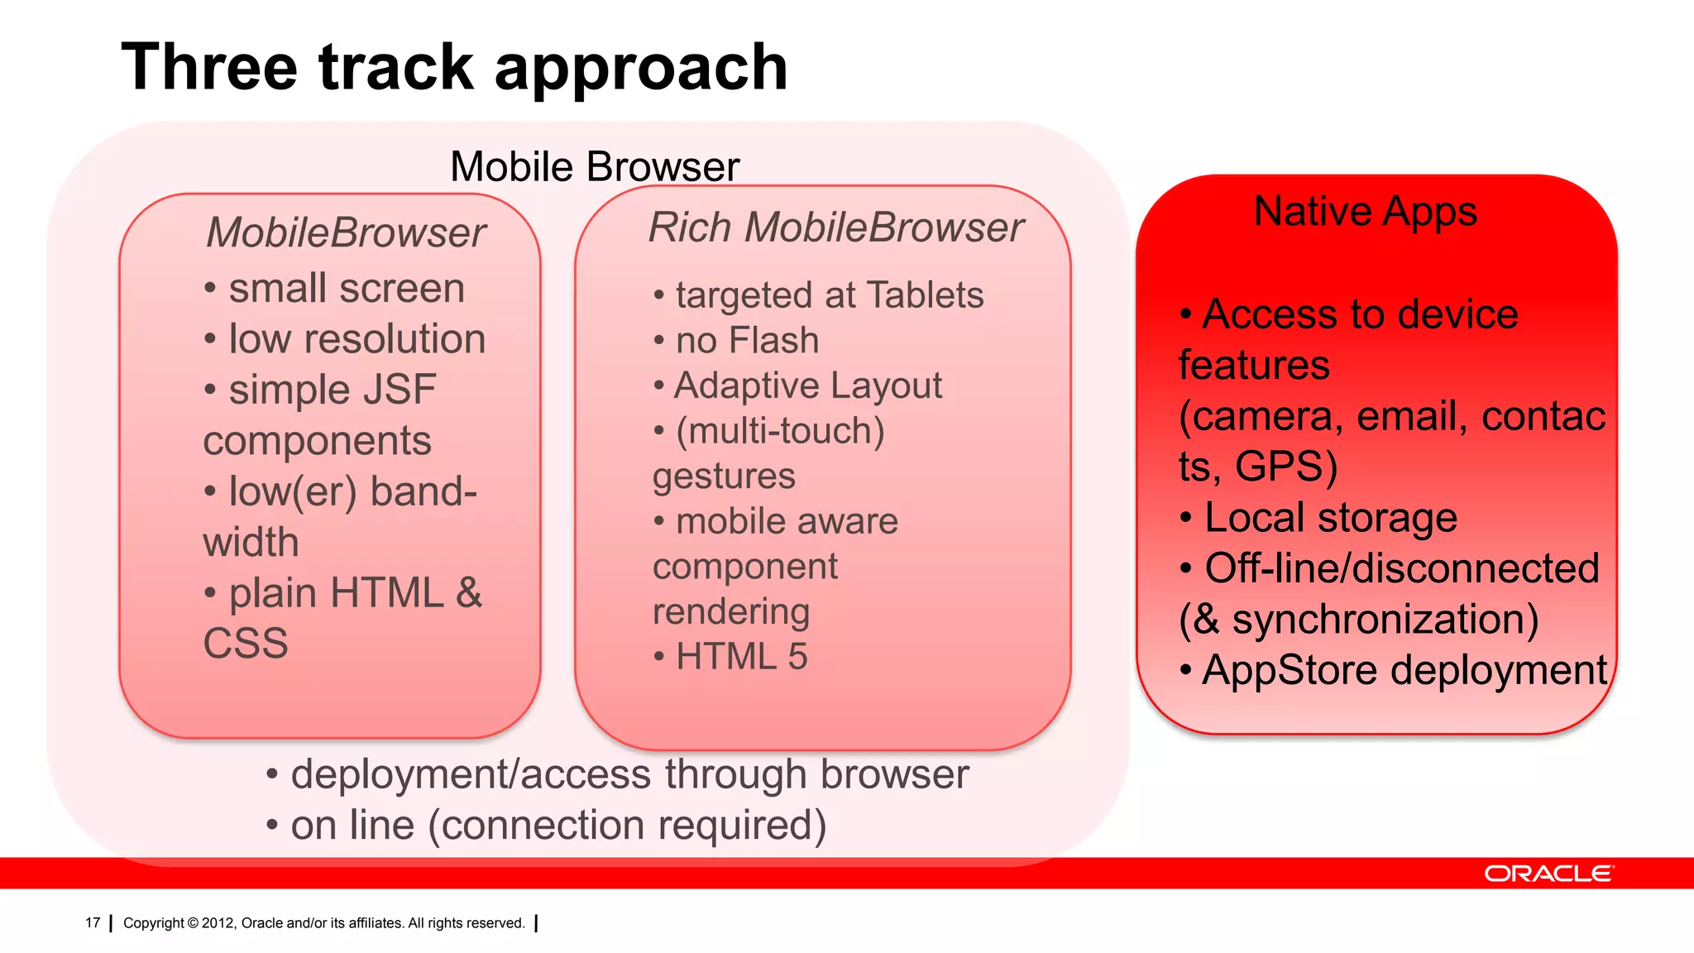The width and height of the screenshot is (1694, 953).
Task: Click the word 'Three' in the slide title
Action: click(209, 68)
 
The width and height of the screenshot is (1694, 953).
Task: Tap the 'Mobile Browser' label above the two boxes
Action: click(594, 167)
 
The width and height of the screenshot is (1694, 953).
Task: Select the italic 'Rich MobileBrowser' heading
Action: click(835, 227)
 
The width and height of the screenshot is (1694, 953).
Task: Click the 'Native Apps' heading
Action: click(1365, 211)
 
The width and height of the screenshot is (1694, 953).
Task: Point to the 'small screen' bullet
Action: click(346, 289)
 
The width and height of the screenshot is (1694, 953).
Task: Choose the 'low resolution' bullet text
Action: click(357, 339)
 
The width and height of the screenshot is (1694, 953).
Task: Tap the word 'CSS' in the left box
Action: click(246, 644)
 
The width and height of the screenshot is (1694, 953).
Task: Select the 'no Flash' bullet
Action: click(747, 341)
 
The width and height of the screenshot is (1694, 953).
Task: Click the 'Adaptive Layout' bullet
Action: click(807, 386)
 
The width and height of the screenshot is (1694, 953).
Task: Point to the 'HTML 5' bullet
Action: click(741, 657)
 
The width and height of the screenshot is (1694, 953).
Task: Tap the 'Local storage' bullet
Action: click(1330, 518)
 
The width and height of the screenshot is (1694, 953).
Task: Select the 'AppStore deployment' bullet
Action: click(1404, 670)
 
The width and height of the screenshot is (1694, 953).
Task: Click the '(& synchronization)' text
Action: click(1358, 620)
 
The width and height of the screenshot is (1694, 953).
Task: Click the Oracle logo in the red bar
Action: click(1548, 874)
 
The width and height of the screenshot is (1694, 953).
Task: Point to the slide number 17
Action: click(93, 922)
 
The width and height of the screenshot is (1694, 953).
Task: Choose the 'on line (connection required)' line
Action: click(558, 826)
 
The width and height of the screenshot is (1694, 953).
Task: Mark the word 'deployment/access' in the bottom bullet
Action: click(471, 775)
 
